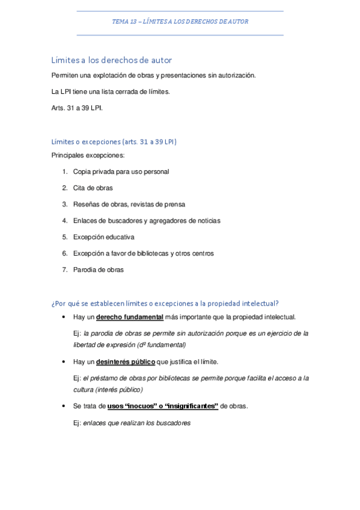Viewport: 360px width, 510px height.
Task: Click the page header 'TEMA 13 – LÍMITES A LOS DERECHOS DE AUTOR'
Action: (x=180, y=22)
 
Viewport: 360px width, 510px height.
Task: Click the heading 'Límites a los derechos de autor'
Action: (x=112, y=60)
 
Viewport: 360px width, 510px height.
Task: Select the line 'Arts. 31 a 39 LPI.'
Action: (x=78, y=108)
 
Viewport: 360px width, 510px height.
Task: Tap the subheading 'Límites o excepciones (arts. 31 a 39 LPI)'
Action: (x=114, y=142)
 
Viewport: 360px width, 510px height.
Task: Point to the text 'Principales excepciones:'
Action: (x=88, y=155)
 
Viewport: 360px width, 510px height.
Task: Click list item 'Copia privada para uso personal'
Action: (x=121, y=171)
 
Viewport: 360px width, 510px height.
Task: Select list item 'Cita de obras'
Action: (x=93, y=188)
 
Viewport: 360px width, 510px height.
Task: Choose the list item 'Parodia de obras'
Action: (x=98, y=269)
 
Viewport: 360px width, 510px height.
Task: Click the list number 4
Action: (x=64, y=221)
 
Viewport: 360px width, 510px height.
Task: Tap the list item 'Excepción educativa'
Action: (x=103, y=237)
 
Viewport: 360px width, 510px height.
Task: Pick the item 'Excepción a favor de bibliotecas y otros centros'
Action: (x=143, y=253)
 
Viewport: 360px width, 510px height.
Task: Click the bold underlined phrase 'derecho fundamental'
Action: (x=130, y=317)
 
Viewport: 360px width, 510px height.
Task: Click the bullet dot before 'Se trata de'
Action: (x=63, y=407)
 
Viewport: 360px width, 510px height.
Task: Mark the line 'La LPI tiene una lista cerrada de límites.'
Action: (x=111, y=92)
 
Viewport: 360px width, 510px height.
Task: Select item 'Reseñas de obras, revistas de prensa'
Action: (x=129, y=204)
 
